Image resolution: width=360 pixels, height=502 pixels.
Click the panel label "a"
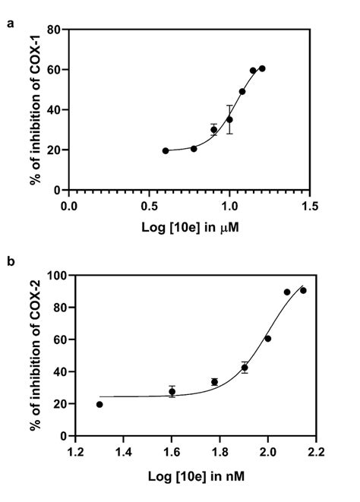tap(10, 24)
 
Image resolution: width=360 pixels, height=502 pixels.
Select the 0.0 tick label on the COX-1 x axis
tap(69, 205)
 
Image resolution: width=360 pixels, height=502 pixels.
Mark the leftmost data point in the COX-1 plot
tap(166, 150)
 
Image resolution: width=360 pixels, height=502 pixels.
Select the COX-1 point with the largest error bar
tap(229, 119)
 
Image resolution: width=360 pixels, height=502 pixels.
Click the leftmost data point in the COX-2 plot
tap(99, 404)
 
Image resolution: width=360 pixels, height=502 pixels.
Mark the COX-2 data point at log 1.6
tap(172, 392)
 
